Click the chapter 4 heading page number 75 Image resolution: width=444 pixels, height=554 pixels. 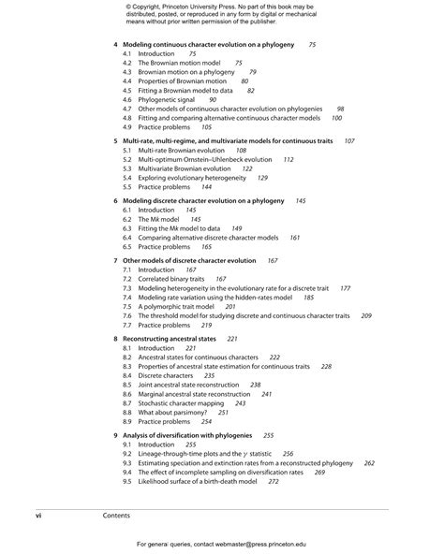(x=312, y=45)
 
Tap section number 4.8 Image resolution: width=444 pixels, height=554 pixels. (x=127, y=118)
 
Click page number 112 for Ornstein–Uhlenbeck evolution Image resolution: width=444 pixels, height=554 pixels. (x=288, y=160)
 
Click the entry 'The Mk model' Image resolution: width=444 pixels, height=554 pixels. (x=158, y=219)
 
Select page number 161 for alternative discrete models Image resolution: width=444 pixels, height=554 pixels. (x=294, y=238)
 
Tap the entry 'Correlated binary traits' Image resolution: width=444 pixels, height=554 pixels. (x=170, y=279)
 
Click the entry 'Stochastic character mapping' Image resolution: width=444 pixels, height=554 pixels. (x=181, y=402)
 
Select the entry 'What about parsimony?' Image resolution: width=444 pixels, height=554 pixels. (x=173, y=412)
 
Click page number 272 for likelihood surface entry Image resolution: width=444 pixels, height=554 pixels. (x=273, y=481)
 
